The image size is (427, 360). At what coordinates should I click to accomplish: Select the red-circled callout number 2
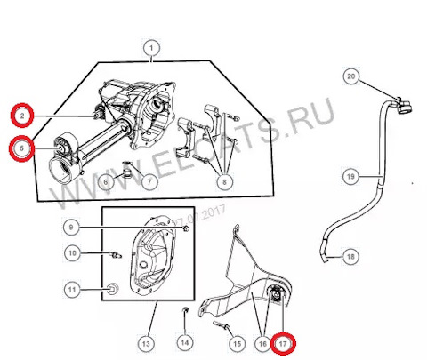[x=20, y=114]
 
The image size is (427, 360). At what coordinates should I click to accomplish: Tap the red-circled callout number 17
[x=284, y=341]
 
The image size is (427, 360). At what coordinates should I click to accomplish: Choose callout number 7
[x=149, y=182]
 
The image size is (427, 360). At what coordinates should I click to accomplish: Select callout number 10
[x=74, y=253]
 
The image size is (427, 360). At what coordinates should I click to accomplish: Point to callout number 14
[x=184, y=341]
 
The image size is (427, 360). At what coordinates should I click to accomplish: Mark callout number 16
[x=262, y=341]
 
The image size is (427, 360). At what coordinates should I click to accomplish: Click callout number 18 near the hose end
[x=350, y=256]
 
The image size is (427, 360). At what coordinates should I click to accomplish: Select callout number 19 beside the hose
[x=350, y=177]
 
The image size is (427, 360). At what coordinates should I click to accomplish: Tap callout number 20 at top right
[x=350, y=77]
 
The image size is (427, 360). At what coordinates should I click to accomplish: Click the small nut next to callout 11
[x=112, y=288]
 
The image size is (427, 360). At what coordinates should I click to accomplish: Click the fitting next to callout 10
[x=114, y=255]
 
